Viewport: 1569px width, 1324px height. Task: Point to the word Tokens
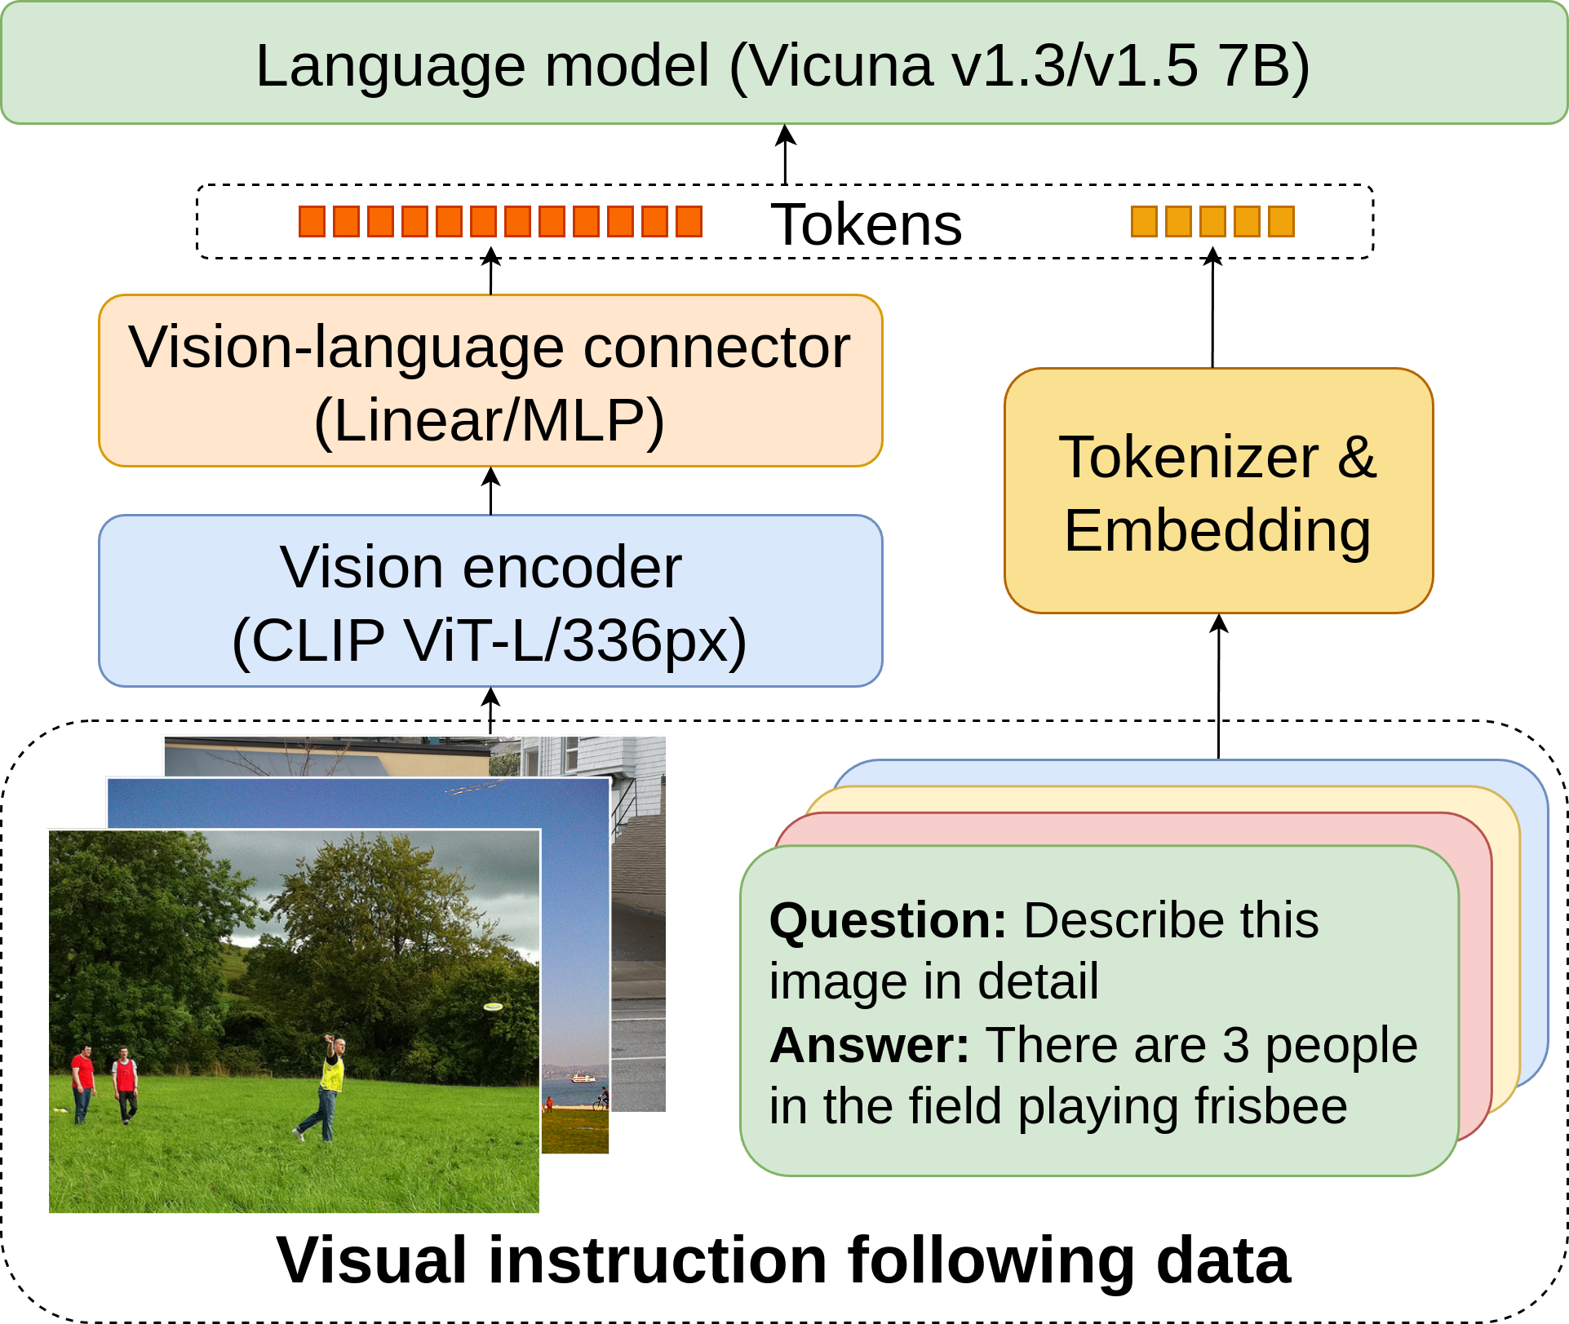pos(866,224)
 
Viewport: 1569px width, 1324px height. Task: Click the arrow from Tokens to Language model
pos(785,154)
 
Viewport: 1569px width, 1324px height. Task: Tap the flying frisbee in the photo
pos(493,1007)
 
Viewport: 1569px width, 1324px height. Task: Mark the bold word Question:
pos(888,921)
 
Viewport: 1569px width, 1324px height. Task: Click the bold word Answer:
pos(869,1045)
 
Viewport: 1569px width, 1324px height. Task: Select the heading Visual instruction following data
pos(783,1261)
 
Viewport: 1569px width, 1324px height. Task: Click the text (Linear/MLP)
pos(490,421)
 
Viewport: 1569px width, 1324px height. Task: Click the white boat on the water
pos(582,1078)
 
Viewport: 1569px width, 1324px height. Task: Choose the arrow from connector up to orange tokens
pos(490,272)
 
